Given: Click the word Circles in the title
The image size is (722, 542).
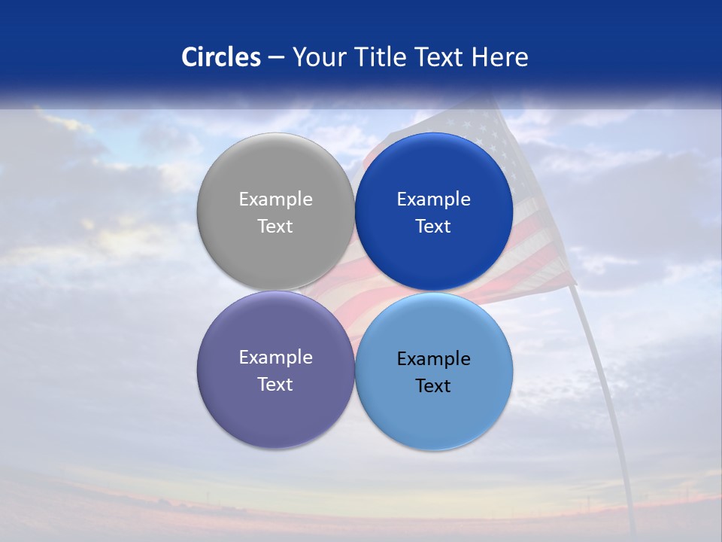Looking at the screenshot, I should point(221,57).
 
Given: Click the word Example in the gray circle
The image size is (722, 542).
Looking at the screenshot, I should point(275,199).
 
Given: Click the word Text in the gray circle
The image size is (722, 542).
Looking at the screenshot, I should point(275,227).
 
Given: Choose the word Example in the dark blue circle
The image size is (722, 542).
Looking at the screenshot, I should point(434,199).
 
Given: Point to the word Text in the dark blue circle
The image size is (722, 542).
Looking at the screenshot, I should point(434,227).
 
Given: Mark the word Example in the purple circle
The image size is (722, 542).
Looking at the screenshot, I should point(275,358).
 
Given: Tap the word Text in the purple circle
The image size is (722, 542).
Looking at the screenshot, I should point(275,385).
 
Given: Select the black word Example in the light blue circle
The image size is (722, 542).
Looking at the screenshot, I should point(434,359).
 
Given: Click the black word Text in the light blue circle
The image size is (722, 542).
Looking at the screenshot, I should point(434,386).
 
